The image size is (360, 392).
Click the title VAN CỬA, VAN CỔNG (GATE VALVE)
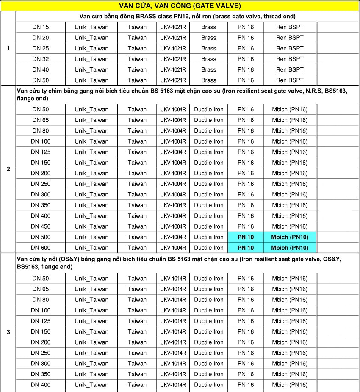(x=180, y=6)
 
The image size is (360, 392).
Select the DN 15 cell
(x=40, y=27)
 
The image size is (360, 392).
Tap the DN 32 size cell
(x=40, y=59)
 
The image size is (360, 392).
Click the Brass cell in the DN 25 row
(x=208, y=48)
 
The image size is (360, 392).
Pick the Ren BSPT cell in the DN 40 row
(x=290, y=69)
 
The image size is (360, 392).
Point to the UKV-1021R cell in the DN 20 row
(x=173, y=38)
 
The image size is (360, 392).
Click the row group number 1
(x=8, y=48)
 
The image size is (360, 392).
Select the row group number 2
(x=8, y=169)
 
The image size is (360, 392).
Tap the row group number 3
(x=8, y=331)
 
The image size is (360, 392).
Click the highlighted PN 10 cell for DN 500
(x=246, y=237)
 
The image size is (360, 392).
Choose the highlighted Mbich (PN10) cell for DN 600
(x=290, y=248)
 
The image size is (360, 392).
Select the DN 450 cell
(x=40, y=226)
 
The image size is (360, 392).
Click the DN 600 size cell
(x=40, y=248)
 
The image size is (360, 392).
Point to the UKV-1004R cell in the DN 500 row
(x=173, y=237)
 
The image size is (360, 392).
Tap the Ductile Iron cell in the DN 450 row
(x=208, y=226)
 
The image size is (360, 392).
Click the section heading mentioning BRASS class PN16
(x=187, y=16)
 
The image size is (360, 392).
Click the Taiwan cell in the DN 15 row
(x=137, y=27)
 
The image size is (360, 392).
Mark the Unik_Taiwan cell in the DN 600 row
(x=91, y=248)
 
